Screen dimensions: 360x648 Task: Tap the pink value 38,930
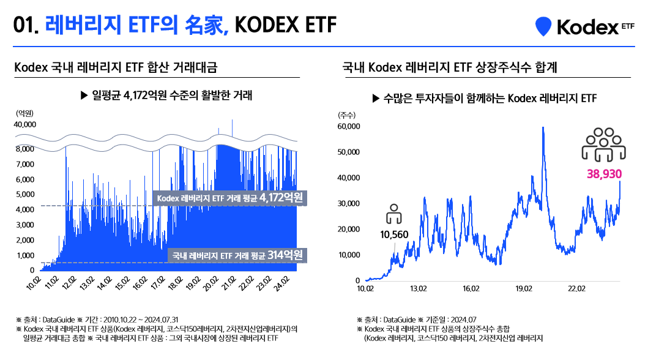pyautogui.click(x=604, y=174)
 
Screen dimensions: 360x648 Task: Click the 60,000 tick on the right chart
pyautogui.click(x=348, y=127)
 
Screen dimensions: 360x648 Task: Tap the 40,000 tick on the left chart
pyautogui.click(x=25, y=124)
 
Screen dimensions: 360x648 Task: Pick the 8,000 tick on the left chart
pyautogui.click(x=25, y=149)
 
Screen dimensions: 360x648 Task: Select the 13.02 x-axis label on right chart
pyautogui.click(x=418, y=288)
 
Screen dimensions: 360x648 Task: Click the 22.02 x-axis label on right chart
pyautogui.click(x=577, y=288)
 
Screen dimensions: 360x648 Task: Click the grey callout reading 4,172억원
pyautogui.click(x=230, y=198)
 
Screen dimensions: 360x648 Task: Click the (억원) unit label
pyautogui.click(x=24, y=113)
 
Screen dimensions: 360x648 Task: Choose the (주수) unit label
pyautogui.click(x=346, y=114)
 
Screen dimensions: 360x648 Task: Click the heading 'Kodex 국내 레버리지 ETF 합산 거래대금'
pyautogui.click(x=116, y=67)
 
